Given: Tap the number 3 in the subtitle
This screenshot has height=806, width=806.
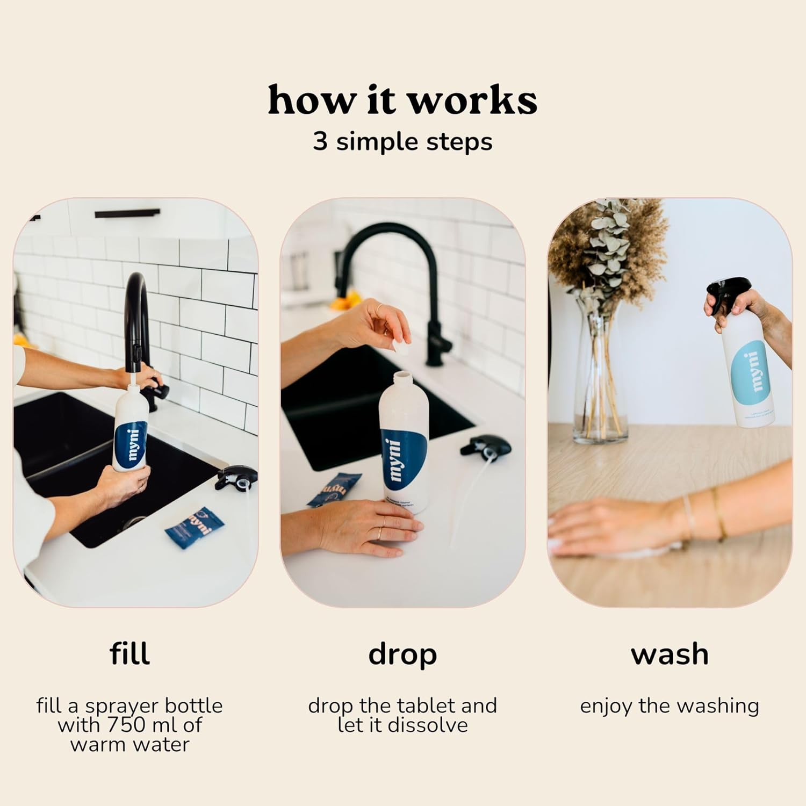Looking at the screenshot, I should (x=320, y=142).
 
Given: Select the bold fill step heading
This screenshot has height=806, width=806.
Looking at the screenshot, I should (x=129, y=654).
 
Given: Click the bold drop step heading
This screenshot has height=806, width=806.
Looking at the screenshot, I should (x=402, y=655).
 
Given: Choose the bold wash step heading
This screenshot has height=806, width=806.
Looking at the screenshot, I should (x=670, y=654).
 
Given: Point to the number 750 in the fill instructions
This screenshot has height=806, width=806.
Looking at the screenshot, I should (x=128, y=725).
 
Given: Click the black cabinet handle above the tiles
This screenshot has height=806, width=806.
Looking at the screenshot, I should (x=127, y=214).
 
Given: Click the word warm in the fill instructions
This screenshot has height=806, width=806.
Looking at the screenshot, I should (x=96, y=745).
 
